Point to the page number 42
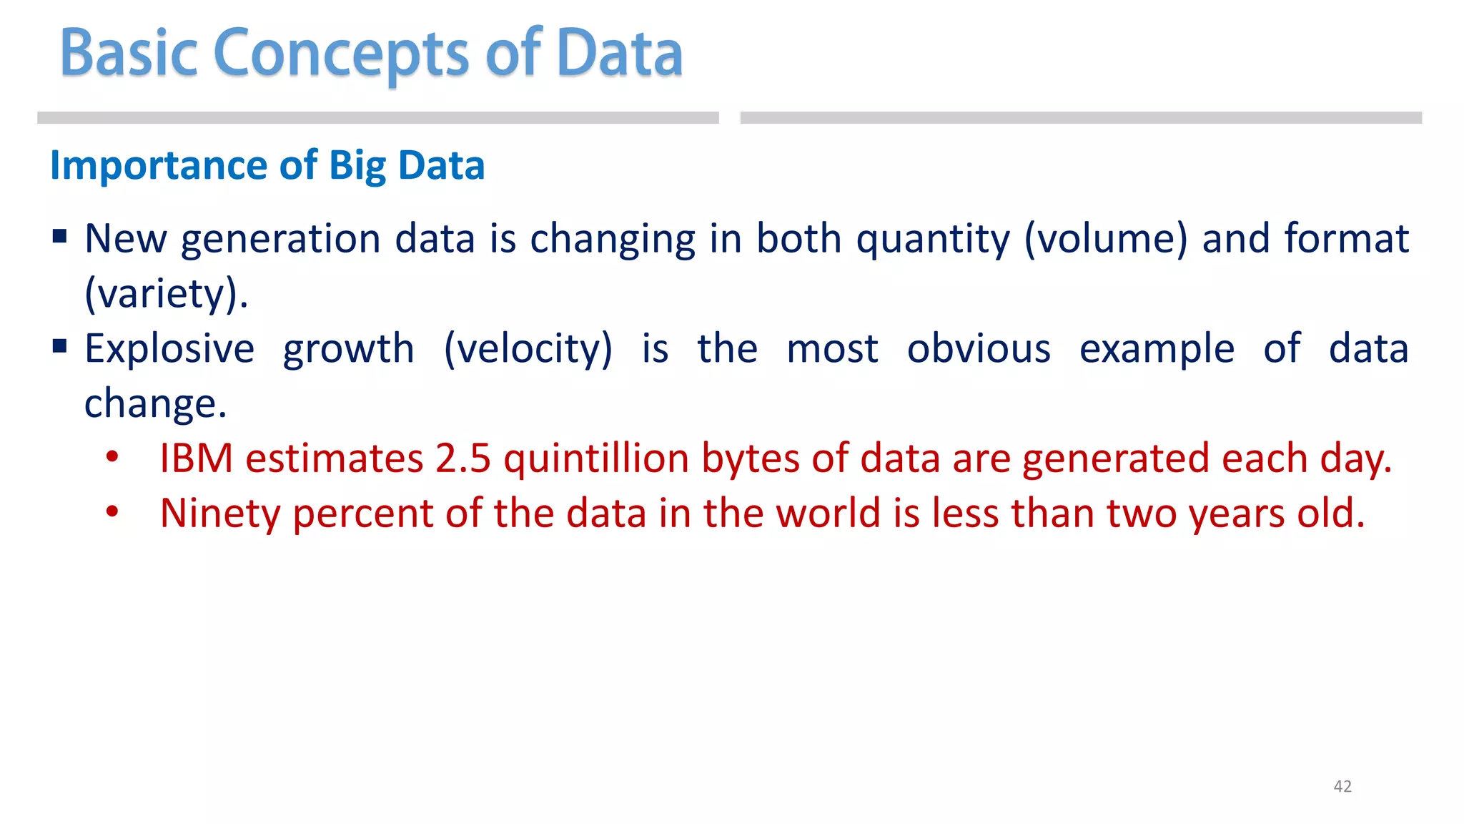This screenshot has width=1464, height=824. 1342,786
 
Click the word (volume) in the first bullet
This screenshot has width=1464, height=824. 1105,239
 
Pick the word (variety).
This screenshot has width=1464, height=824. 166,294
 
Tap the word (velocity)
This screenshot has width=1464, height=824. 528,349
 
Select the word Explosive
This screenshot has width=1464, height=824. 169,349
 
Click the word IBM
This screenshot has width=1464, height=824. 196,458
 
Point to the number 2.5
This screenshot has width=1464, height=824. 463,458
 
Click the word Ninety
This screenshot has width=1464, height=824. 219,514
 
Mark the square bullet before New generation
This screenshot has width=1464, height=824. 60,236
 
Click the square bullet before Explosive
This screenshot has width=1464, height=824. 60,347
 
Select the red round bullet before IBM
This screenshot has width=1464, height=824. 112,456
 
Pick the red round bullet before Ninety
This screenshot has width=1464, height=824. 112,511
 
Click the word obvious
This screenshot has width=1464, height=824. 979,349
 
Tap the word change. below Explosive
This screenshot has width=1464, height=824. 155,404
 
